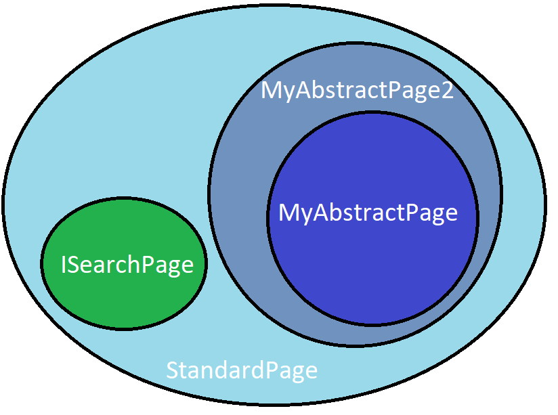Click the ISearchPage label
[x=127, y=265]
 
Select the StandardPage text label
[x=242, y=370]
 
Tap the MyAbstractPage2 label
[x=358, y=91]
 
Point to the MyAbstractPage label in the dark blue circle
[x=368, y=213]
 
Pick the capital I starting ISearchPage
[x=64, y=265]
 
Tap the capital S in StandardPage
[x=173, y=370]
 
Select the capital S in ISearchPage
[x=74, y=265]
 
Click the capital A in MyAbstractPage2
[x=305, y=90]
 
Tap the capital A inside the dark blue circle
[x=323, y=213]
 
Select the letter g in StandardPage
[x=297, y=373]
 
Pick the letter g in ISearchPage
[x=173, y=268]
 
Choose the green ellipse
[x=124, y=263]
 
